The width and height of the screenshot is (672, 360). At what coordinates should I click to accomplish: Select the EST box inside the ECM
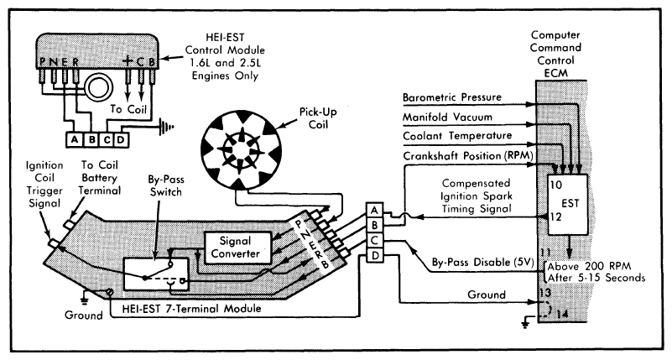click(x=568, y=205)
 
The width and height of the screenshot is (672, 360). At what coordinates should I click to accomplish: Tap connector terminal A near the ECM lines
click(x=374, y=211)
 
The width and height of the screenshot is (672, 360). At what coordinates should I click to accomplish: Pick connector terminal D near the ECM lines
click(x=374, y=257)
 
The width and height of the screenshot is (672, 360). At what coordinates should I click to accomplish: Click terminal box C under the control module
click(x=107, y=139)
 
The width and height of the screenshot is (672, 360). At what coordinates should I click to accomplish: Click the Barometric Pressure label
click(x=451, y=97)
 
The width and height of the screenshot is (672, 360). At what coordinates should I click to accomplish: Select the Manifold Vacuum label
click(x=447, y=117)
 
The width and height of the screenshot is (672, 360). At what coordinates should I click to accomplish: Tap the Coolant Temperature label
click(x=457, y=136)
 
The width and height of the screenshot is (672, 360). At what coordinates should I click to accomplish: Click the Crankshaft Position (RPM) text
click(x=467, y=155)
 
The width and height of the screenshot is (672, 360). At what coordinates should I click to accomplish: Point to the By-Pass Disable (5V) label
click(x=482, y=262)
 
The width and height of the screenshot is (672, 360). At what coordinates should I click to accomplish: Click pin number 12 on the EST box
click(x=556, y=217)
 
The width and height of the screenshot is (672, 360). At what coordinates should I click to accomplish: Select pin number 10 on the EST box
click(x=556, y=185)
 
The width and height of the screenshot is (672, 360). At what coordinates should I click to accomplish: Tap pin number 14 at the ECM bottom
click(x=562, y=315)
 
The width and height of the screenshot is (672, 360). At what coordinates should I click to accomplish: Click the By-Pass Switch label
click(x=165, y=185)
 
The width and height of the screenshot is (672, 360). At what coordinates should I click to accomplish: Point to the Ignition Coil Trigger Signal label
click(x=44, y=185)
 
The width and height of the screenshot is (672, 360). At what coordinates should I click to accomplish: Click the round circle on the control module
click(x=98, y=88)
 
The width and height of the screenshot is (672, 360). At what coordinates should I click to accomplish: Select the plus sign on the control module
click(x=128, y=61)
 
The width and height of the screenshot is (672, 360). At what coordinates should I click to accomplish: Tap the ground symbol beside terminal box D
click(x=167, y=127)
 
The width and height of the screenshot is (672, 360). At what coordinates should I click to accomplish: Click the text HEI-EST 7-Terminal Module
click(x=191, y=308)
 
